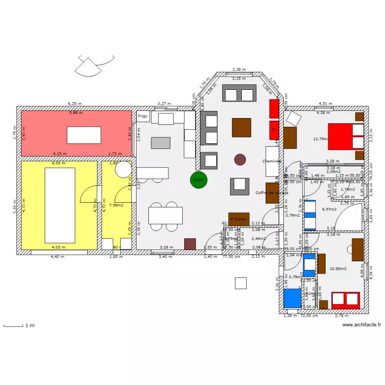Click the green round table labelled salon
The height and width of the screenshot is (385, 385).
pos(199,180)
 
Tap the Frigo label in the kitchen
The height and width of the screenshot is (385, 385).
pos(143,117)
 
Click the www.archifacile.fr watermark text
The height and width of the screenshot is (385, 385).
pos(362,324)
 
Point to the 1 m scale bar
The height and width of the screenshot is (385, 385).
pos(14,325)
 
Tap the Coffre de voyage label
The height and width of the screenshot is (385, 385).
pos(272,193)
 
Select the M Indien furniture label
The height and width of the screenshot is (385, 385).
pos(239,219)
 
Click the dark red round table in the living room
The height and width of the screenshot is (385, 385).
pos(240,160)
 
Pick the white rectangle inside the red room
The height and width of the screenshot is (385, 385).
pos(84,135)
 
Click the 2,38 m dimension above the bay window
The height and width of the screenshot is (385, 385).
pos(239,69)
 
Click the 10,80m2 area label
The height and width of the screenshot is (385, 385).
pos(338,268)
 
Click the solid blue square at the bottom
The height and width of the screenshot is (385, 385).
pos(292,298)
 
